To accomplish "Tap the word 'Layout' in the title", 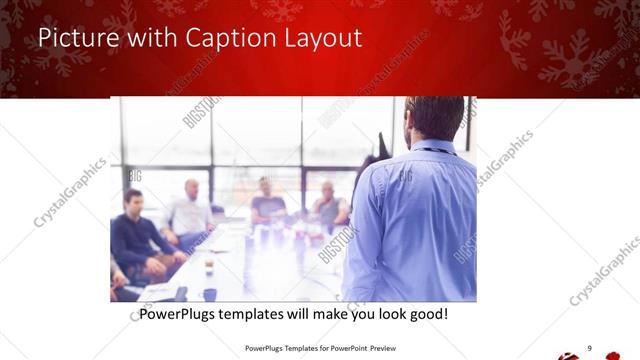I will click(x=324, y=38).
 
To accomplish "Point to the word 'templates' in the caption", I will click(x=261, y=314).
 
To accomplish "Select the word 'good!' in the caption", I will click(x=427, y=314).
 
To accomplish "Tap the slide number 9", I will click(x=589, y=347).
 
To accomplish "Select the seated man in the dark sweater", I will click(x=135, y=235).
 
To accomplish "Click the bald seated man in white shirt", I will click(x=189, y=209).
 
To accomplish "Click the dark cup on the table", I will click(x=209, y=294).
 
